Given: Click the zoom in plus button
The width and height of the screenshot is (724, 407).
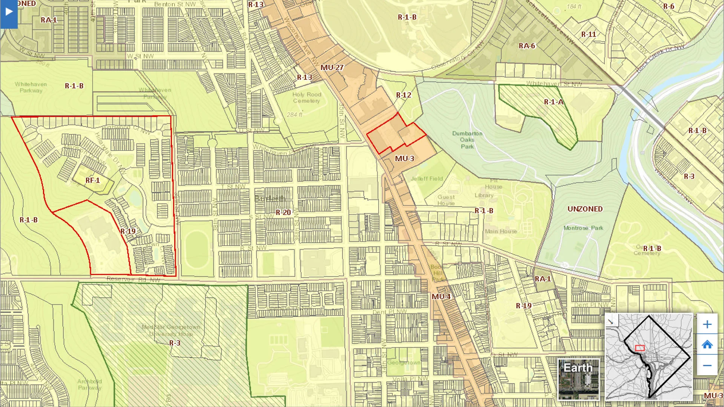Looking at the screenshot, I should coord(707,324).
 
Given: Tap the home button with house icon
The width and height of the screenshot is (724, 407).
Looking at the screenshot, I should coord(707,344).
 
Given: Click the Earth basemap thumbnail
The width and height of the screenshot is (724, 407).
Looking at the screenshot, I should coord(578,379).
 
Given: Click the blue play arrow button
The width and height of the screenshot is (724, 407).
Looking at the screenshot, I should coord(9,12).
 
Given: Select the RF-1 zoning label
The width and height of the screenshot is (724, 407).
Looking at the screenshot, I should coord(92,181).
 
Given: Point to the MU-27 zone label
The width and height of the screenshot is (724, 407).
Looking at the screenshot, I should coord(332,67).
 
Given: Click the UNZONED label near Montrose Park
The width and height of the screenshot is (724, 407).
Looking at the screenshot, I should coord(585,209).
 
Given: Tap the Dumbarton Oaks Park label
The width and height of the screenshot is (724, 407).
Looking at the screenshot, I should coord(467,140).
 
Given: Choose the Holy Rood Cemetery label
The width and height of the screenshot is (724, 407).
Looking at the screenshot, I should coord(306,98).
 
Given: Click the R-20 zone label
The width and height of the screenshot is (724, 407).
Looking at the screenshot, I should coord(283,212).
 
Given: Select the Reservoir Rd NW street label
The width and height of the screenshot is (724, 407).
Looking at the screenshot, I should coord(133,279).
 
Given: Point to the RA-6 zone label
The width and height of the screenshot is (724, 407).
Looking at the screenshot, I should coord(527,46).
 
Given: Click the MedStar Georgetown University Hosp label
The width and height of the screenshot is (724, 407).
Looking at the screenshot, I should coord(171,330).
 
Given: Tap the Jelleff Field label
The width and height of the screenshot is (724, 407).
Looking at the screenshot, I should coord(426,179).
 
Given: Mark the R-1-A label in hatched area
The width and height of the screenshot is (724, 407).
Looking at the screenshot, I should coord(554,102).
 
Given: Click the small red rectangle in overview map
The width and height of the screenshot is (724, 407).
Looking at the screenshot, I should coord(640,348).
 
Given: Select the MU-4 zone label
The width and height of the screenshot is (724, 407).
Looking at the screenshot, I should coord(441,297).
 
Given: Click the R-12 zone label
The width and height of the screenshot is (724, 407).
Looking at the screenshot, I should coord(403,95).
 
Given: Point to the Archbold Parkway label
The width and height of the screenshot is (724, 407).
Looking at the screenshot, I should coord(89,384).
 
